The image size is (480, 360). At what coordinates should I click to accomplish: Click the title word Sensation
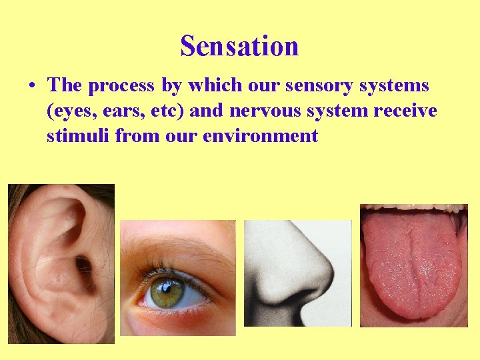click(239, 46)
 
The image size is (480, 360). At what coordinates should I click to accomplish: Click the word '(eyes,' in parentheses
click(71, 111)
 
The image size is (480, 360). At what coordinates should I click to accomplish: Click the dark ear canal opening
click(84, 267)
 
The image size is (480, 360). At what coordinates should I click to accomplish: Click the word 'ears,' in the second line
click(120, 111)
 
